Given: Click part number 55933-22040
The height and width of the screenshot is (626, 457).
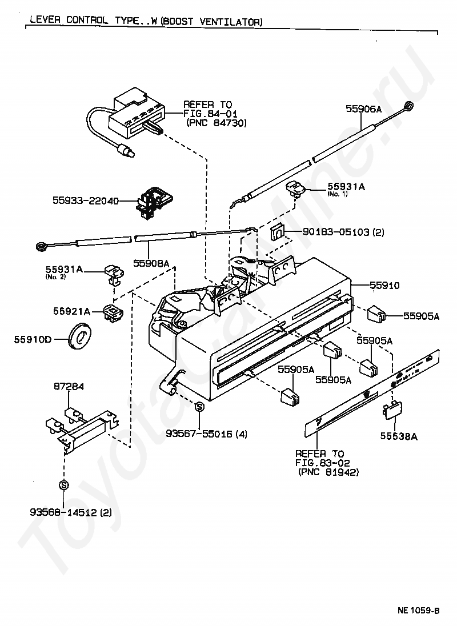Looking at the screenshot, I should (86, 201).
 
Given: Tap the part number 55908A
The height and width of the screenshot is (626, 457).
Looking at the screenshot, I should (151, 263).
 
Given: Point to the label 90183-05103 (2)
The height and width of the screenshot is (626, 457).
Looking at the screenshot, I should (335, 232).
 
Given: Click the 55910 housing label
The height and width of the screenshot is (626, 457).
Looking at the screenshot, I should (384, 285).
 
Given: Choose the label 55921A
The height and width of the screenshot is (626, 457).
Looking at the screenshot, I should (72, 311).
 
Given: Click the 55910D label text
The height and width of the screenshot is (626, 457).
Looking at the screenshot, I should (33, 340).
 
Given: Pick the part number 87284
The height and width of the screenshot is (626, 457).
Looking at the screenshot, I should (69, 387).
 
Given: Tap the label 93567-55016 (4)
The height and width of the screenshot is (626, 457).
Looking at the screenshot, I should (206, 434).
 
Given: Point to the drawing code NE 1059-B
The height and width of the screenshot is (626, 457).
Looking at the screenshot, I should (418, 610).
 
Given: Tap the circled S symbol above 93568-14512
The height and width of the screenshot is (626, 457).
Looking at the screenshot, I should (64, 485).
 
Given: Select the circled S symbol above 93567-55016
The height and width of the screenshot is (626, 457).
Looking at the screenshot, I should (199, 407).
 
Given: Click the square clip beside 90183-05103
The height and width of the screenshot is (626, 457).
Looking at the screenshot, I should (277, 232).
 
